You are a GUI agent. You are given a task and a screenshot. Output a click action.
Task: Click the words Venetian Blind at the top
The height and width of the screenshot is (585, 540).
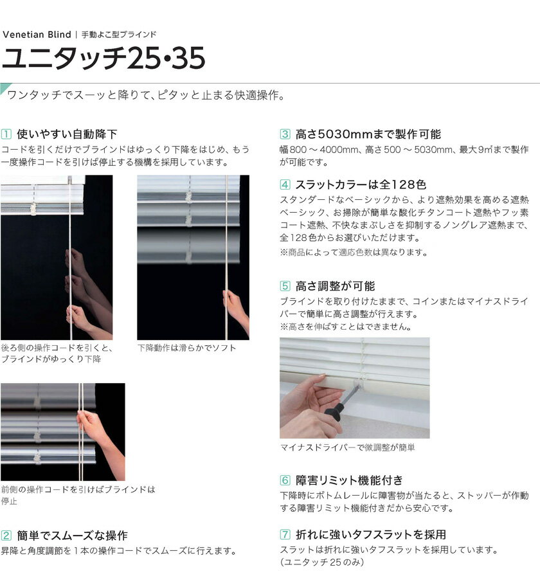(37, 35)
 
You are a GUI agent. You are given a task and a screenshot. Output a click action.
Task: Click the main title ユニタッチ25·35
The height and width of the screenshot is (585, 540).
(104, 59)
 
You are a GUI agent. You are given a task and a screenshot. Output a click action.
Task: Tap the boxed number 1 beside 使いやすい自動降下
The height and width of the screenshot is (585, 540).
(6, 134)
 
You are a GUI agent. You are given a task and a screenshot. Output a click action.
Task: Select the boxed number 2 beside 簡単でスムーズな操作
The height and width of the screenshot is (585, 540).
(6, 535)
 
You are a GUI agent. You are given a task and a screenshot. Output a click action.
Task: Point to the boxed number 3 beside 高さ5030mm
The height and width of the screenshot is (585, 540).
(285, 134)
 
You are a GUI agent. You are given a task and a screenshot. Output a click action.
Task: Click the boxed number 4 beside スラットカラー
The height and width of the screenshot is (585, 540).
(285, 184)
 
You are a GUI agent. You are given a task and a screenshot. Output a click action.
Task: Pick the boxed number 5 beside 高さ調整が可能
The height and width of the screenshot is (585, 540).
(285, 286)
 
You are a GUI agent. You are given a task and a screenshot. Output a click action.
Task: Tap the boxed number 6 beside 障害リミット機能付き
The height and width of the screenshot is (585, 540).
(285, 480)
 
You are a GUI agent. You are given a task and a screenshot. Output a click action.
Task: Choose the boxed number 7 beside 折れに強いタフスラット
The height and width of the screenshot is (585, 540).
(285, 535)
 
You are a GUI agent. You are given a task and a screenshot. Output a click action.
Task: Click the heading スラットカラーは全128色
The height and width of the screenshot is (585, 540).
(361, 184)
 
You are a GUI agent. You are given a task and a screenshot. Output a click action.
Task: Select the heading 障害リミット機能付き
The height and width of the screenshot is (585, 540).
(349, 480)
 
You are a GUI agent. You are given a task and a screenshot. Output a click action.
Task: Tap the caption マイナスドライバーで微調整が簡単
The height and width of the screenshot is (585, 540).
(347, 447)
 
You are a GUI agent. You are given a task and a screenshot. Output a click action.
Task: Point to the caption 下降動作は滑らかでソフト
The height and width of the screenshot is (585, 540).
(186, 348)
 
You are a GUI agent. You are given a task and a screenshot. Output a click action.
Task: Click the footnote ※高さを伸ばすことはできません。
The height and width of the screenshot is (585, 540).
(346, 327)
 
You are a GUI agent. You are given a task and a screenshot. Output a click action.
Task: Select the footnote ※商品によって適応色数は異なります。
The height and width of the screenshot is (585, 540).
(354, 253)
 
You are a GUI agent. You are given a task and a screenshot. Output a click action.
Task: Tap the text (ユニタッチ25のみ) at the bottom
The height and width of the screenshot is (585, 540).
(322, 562)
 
